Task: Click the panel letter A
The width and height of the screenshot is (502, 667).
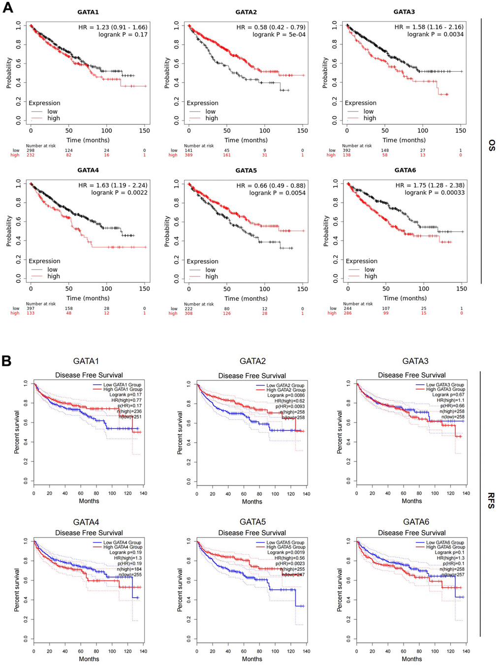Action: (8, 8)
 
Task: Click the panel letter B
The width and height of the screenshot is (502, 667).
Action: (7, 361)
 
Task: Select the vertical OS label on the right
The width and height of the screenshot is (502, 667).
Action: (492, 145)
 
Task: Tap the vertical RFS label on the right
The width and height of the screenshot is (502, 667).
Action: (491, 500)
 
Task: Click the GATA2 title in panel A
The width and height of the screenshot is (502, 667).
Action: (246, 12)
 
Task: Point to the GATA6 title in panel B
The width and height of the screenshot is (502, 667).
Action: (416, 522)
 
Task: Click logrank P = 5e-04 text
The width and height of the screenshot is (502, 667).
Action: (279, 34)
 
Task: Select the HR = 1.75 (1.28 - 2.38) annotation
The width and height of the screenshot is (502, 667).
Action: (430, 185)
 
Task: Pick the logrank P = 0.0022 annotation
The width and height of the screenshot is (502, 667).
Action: (119, 193)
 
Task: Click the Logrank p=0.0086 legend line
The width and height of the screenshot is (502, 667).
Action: (286, 395)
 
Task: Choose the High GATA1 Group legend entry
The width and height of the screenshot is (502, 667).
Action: (123, 390)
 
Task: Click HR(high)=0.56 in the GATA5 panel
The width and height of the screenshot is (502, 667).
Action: (289, 558)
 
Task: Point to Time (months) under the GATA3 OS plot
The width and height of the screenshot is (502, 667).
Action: (404, 140)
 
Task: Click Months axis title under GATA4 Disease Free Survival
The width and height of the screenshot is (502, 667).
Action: (89, 659)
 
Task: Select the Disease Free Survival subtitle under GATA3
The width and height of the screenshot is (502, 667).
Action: (412, 375)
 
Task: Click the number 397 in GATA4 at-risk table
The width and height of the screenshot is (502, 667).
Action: (31, 309)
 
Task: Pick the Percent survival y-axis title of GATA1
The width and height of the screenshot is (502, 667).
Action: (17, 432)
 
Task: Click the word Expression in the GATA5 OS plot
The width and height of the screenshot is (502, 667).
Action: (202, 261)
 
